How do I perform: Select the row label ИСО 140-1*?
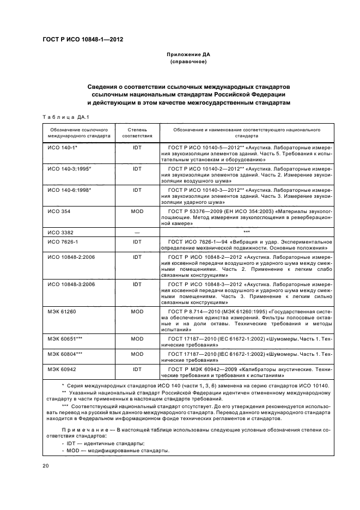click(x=63, y=148)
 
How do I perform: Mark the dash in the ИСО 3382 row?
click(x=137, y=232)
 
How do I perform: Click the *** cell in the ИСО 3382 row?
click(x=246, y=232)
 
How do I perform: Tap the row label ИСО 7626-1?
click(x=63, y=241)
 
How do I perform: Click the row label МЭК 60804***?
click(x=65, y=354)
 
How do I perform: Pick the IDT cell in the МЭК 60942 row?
click(x=137, y=369)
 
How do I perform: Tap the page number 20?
click(x=46, y=466)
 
